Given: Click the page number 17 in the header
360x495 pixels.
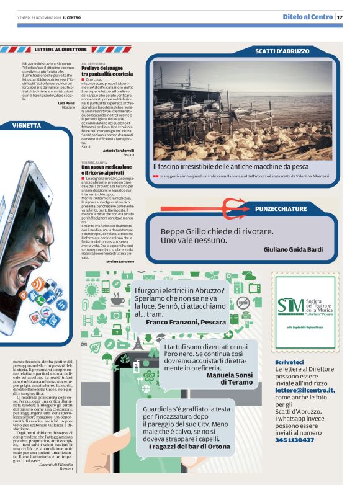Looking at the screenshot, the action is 340,17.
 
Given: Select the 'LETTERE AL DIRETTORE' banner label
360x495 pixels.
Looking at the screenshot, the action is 61,48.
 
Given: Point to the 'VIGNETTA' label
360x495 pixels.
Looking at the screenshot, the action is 27,125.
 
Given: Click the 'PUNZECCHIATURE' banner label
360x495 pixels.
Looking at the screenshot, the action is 281,209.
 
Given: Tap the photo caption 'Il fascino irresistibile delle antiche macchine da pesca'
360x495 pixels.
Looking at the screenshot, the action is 231,166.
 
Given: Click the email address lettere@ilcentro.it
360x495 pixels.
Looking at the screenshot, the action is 305,390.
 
